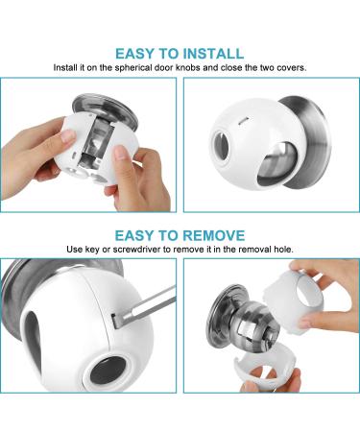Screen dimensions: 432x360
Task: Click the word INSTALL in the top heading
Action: click(205, 53)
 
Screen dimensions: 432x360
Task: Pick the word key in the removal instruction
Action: click(107, 250)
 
